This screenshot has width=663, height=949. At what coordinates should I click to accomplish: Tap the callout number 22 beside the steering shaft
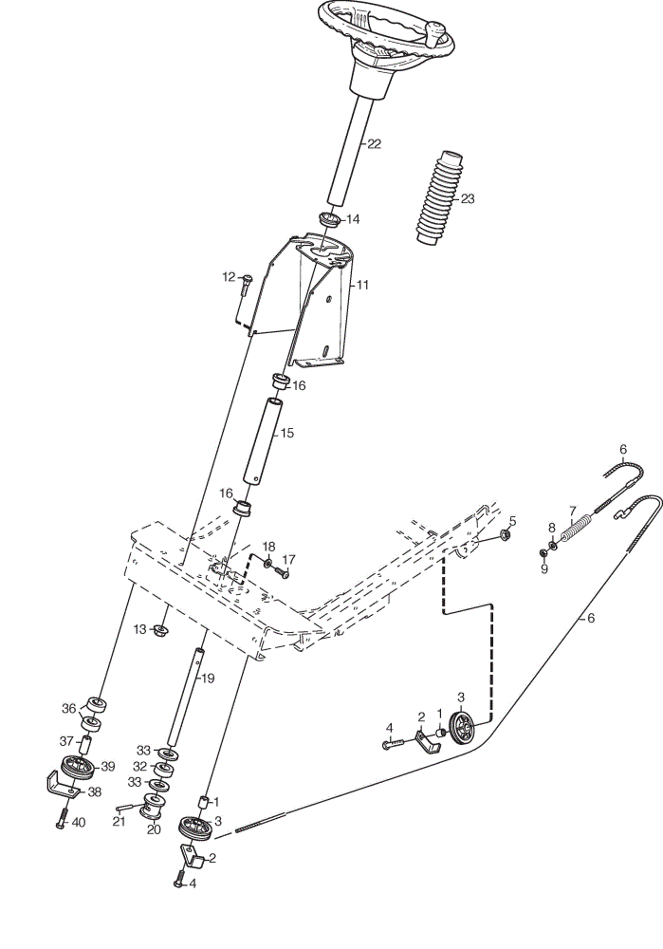tap(375, 143)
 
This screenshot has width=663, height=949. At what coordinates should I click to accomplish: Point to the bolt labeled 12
tap(246, 284)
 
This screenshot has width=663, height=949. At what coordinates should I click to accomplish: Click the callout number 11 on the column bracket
tap(361, 285)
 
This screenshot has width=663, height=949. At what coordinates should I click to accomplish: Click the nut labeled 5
tap(506, 534)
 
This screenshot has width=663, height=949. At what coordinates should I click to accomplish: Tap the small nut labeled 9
tap(543, 552)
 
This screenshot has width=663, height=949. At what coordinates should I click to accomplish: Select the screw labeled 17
tap(283, 571)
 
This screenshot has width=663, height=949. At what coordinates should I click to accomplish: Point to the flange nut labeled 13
tap(160, 631)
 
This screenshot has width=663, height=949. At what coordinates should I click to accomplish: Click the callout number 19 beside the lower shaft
tap(207, 679)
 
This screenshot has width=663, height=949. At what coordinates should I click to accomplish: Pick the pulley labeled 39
tap(79, 766)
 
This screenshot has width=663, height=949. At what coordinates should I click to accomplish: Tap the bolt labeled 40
tap(62, 818)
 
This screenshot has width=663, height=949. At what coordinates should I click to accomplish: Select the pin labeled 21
tap(126, 808)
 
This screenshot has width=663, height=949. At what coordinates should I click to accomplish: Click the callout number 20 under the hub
tap(154, 829)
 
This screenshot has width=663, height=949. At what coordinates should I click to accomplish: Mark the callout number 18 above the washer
tap(268, 547)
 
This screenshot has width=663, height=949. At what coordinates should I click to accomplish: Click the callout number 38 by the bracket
tap(94, 791)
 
